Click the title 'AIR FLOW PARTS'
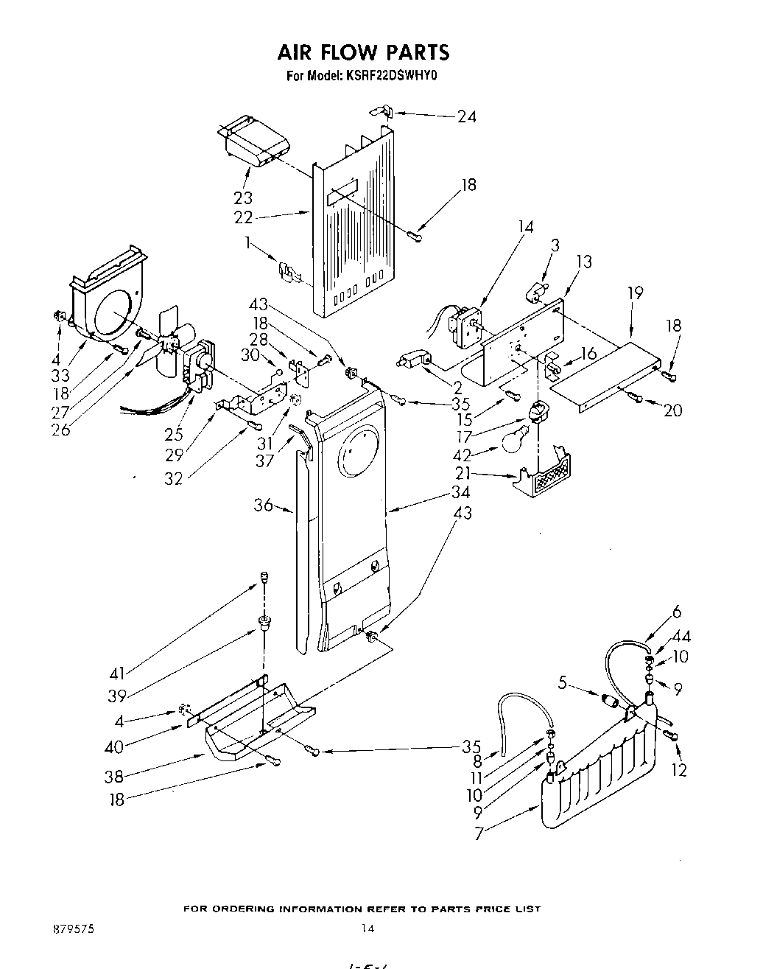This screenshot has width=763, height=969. [x=362, y=52]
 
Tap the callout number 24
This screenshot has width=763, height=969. [x=466, y=116]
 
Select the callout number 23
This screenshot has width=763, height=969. [x=243, y=197]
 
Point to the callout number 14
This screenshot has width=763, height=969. [x=525, y=226]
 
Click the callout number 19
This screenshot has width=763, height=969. [x=634, y=293]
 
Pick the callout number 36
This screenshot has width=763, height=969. [x=263, y=505]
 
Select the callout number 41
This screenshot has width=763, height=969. [x=118, y=672]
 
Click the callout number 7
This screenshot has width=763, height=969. [x=479, y=835]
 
